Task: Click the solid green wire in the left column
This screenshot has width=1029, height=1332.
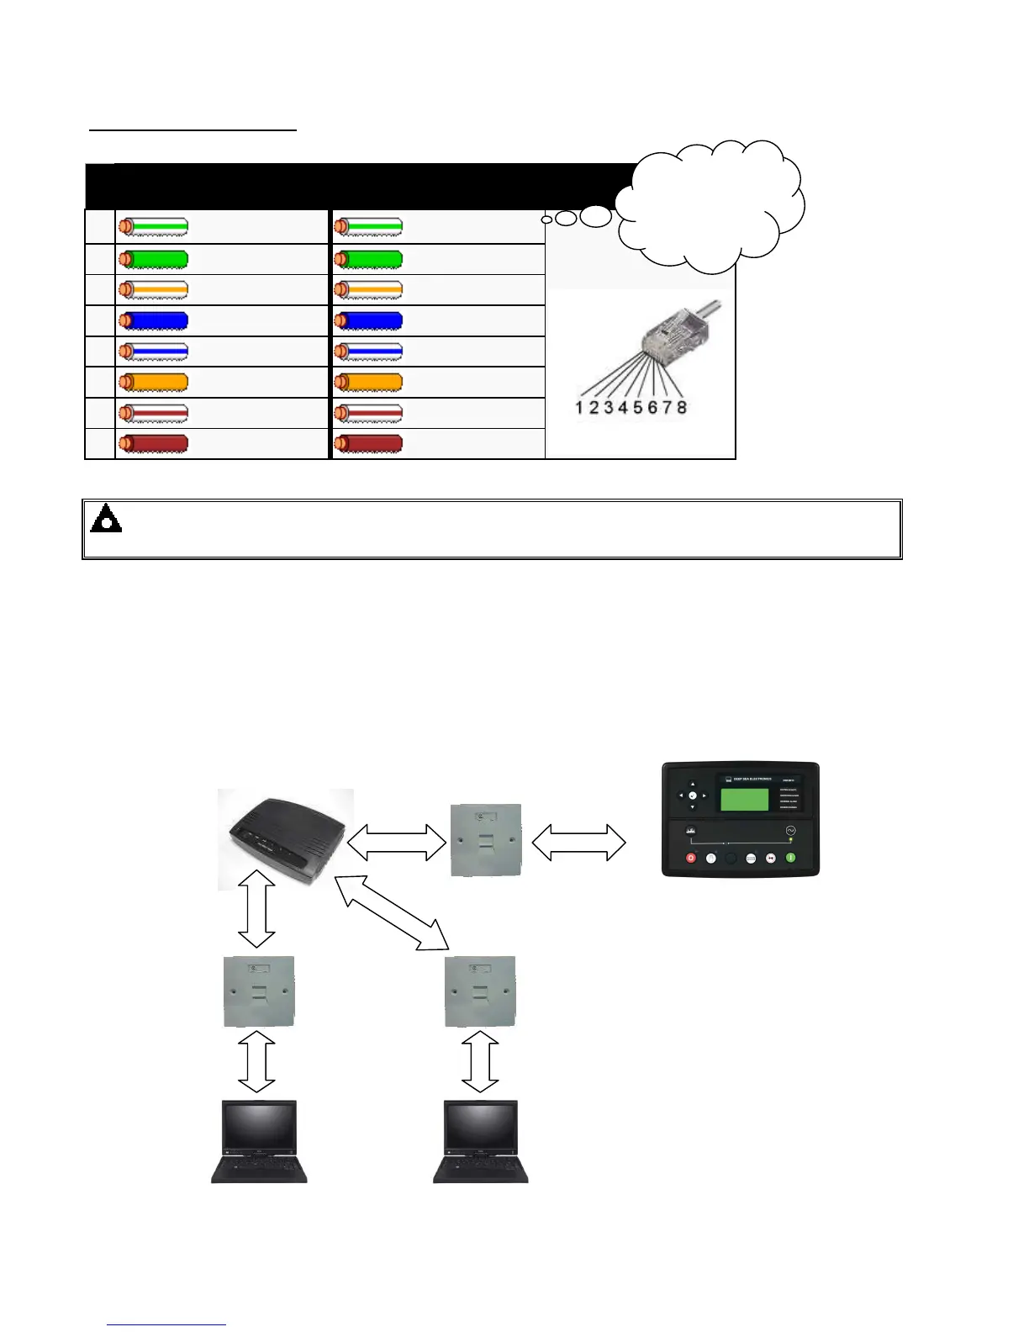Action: tap(153, 259)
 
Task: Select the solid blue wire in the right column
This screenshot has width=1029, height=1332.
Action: tap(368, 320)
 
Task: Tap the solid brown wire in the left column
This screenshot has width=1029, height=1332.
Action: tap(153, 444)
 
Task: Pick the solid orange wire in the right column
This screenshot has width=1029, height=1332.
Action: tap(368, 383)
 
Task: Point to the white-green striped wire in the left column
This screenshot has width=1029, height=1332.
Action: tap(153, 227)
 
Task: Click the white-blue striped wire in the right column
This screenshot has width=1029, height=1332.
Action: tap(368, 351)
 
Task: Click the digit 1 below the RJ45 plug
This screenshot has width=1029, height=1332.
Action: tap(579, 408)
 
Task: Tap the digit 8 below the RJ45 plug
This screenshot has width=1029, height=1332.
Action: tap(681, 408)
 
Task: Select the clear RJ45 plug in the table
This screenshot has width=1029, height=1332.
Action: tap(676, 331)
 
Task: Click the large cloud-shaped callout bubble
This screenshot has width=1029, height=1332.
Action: tap(711, 206)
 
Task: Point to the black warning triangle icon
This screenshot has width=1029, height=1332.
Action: tap(106, 519)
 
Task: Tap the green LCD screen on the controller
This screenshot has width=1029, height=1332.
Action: tap(744, 799)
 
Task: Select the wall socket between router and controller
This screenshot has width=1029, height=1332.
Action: tap(486, 839)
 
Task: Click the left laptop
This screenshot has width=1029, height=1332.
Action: tap(259, 1140)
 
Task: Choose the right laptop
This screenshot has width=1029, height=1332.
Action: tap(481, 1140)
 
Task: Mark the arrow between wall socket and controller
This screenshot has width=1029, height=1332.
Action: tap(579, 842)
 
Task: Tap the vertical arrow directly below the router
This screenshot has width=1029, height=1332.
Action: tap(257, 910)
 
